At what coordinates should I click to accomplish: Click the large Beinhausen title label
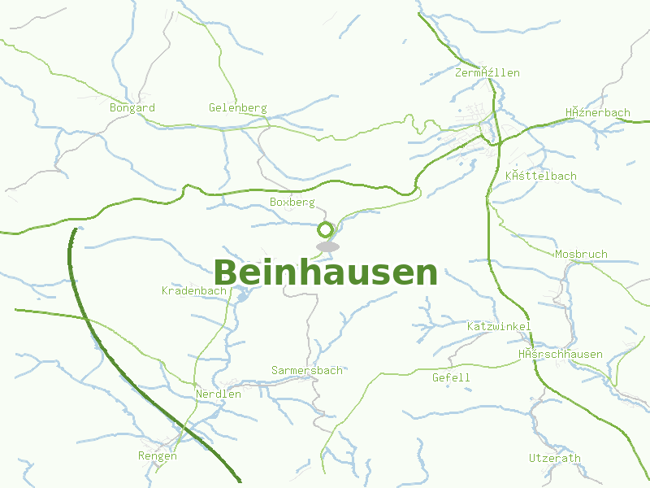pos(325,273)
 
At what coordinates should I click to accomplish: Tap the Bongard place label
pos(132,107)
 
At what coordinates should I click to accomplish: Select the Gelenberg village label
pos(237,108)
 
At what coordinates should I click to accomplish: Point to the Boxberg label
pos(292,201)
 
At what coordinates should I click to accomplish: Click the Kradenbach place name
pos(193,290)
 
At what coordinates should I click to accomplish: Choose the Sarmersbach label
pos(306,370)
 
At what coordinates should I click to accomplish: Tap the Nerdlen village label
pos(219,394)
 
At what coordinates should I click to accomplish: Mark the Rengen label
pos(158,456)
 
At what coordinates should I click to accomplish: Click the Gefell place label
pos(451,377)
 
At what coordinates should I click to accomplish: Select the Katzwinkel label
pos(499,326)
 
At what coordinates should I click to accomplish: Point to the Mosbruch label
pos(581,254)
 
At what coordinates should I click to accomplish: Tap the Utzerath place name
pos(554,458)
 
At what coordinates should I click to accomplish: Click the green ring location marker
pos(326,229)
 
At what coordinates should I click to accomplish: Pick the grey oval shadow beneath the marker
pos(327,246)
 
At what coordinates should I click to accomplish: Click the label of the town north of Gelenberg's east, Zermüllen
pos(487,72)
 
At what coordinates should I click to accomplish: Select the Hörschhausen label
pos(561,354)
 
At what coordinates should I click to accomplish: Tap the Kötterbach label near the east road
pos(540,176)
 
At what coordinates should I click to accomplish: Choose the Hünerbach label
pos(597,112)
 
